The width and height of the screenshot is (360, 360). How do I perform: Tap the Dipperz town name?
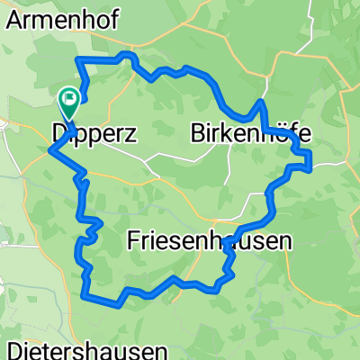click(94, 134)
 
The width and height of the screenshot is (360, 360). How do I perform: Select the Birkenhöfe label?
click(251, 134)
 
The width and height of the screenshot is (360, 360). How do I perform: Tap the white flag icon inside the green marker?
click(68, 96)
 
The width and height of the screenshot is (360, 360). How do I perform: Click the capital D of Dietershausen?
click(13, 350)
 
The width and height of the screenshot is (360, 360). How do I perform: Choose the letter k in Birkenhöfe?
click(229, 134)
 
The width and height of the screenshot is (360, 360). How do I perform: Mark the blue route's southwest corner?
click(84, 293)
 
